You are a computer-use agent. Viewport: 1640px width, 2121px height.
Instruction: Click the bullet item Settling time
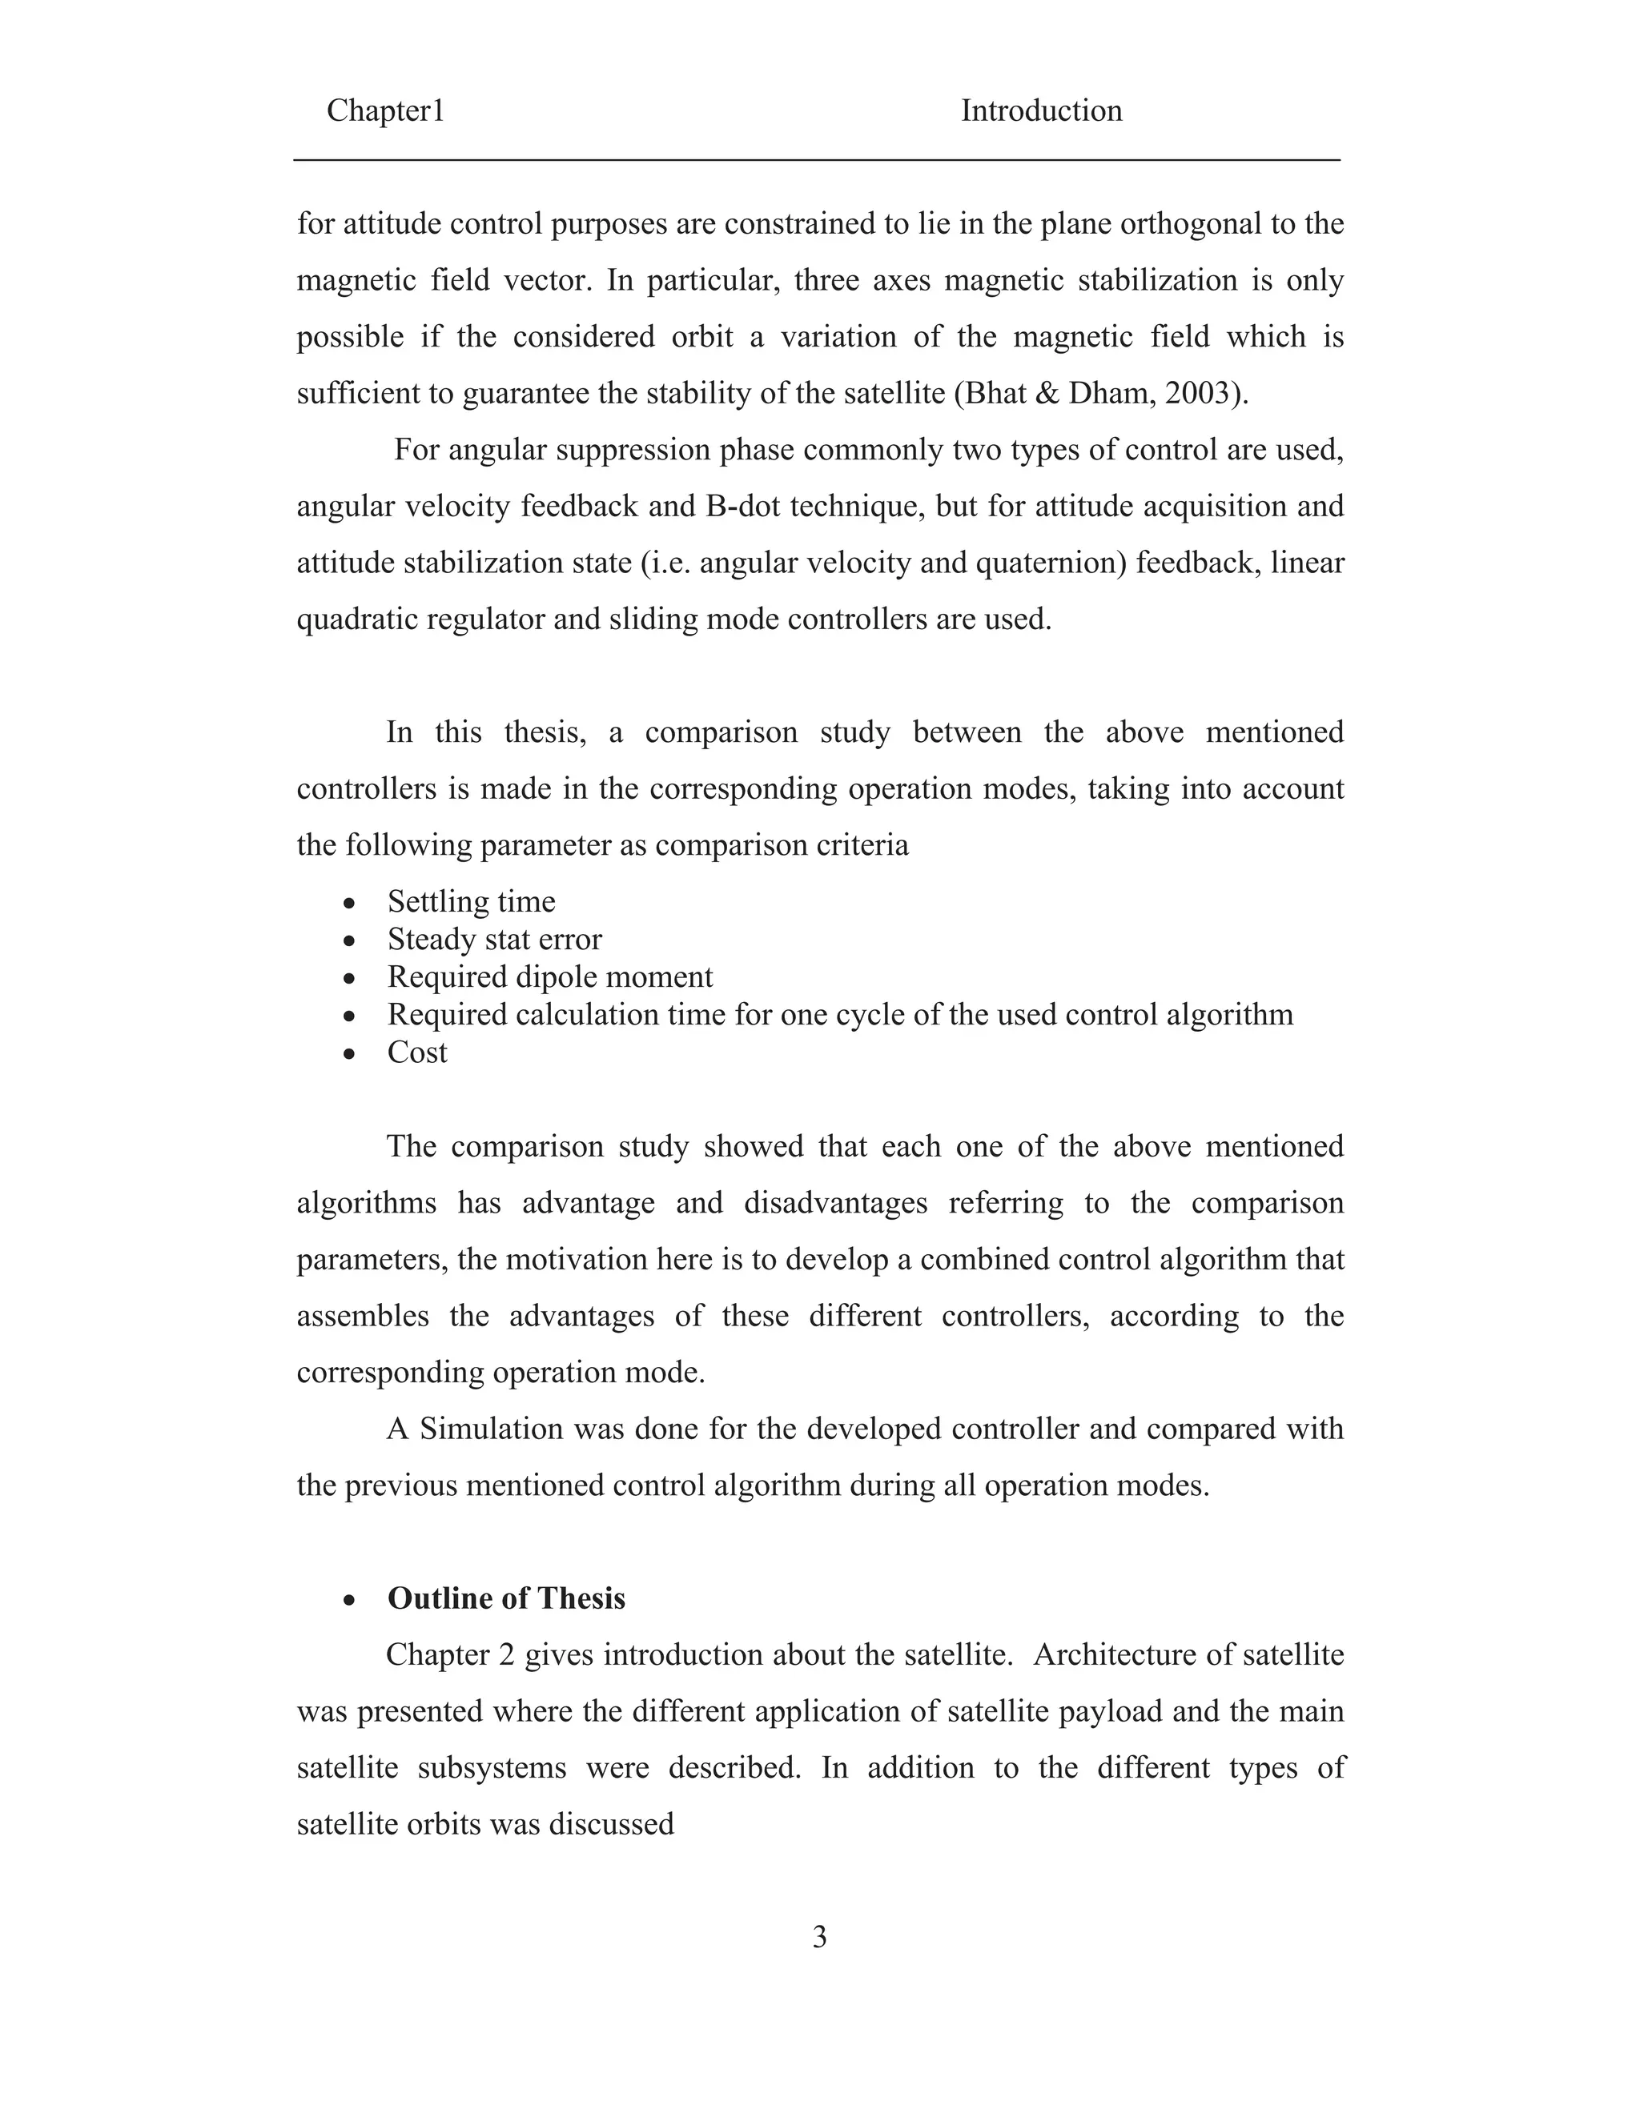471,901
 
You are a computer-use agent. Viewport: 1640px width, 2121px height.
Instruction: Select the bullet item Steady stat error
495,939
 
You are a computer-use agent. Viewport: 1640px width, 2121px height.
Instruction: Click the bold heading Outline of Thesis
506,1598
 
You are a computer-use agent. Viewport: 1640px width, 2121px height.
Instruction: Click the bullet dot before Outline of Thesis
350,1599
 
